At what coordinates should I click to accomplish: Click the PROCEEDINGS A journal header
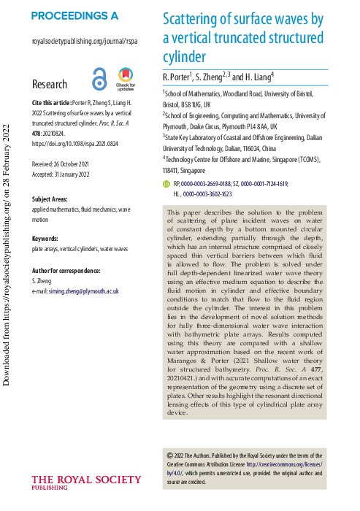(75, 15)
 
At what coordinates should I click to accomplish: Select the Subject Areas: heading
(53, 199)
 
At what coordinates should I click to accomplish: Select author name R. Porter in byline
(176, 76)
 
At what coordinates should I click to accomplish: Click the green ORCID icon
(166, 185)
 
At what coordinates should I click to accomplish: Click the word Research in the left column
(50, 84)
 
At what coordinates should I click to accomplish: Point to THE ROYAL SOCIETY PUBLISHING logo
(85, 483)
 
